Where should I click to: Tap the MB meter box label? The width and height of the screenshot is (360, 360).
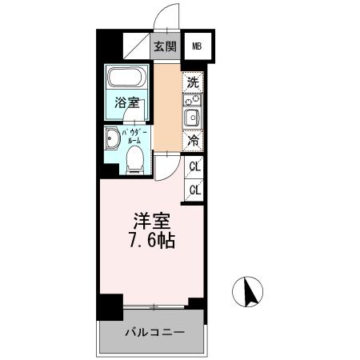tap(197, 46)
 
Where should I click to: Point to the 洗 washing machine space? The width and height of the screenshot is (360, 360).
tap(192, 81)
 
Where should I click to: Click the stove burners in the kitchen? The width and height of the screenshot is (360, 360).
tap(192, 102)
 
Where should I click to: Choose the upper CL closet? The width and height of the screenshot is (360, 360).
tap(194, 167)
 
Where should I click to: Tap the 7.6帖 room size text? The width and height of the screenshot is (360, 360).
tap(151, 239)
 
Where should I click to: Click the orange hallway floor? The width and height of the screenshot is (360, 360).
tap(167, 108)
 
